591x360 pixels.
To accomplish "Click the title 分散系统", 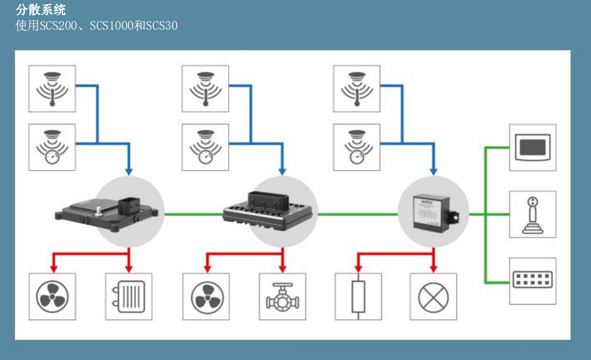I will [41, 9].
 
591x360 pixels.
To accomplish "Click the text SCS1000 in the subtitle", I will [111, 26].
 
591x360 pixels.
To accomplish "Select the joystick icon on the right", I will [532, 214].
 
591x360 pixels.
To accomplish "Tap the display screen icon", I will [532, 147].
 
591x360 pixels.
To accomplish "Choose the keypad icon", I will [532, 281].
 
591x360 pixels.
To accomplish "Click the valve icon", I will [281, 296].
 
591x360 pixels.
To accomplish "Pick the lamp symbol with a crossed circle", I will [433, 296].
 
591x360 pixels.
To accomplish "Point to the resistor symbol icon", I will [358, 296].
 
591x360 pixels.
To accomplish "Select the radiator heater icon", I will [128, 296].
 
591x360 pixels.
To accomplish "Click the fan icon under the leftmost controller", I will [52, 296].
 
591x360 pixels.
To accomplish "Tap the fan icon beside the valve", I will [205, 296].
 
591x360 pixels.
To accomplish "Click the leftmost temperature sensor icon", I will [52, 89].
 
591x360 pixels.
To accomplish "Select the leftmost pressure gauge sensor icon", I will [52, 147].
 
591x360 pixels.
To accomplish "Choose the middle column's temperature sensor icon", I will [205, 89].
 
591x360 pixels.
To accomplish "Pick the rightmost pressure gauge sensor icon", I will [356, 147].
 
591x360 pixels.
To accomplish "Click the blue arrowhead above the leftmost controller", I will [129, 171].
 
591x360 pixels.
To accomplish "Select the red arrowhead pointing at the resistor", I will [358, 269].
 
